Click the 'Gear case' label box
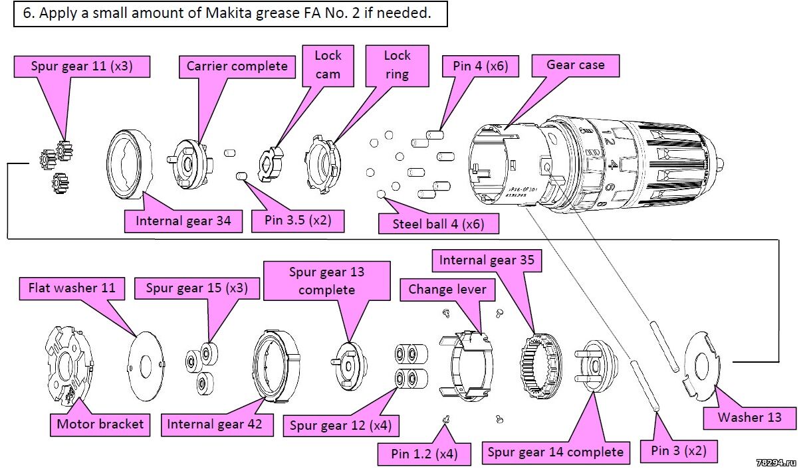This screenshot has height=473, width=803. tap(575, 65)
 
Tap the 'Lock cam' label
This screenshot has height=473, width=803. tap(327, 64)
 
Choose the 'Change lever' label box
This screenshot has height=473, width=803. tap(447, 290)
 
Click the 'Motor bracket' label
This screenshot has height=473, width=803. tap(100, 424)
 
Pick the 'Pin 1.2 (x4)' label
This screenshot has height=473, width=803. tap(423, 454)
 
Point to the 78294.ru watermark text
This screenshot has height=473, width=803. tap(776, 461)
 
